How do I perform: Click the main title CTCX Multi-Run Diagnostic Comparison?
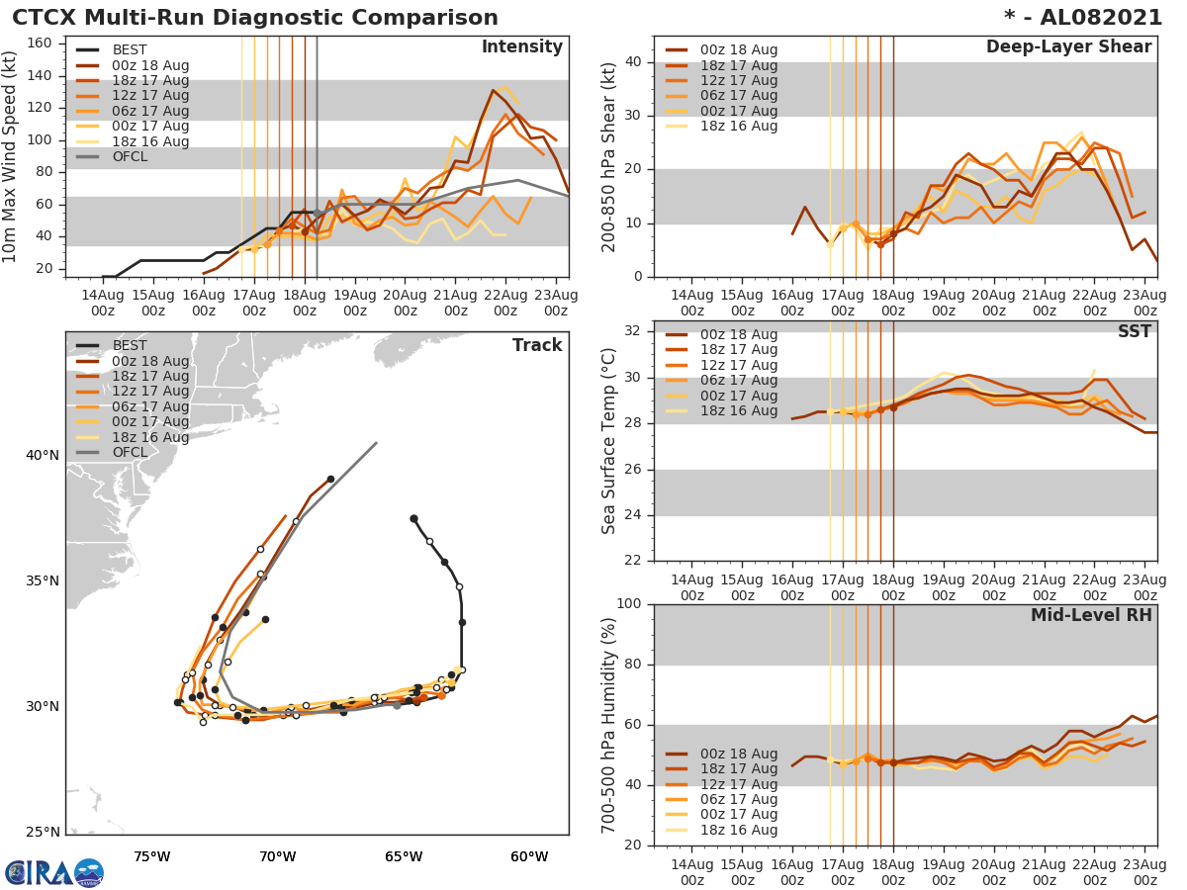(x=254, y=18)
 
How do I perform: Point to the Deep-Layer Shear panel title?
(x=1068, y=47)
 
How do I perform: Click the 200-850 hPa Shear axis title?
(x=609, y=156)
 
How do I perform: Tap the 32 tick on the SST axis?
(x=634, y=330)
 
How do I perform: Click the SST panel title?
(x=1135, y=332)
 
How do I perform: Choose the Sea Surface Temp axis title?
(x=609, y=441)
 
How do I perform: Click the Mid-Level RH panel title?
(x=1091, y=615)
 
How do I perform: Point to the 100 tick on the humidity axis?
(x=629, y=604)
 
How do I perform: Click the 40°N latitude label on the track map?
(x=42, y=456)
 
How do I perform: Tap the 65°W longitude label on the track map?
(x=404, y=856)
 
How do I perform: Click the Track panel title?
(x=537, y=345)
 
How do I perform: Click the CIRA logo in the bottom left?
(x=54, y=872)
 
